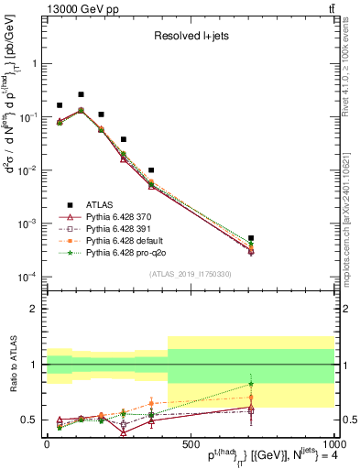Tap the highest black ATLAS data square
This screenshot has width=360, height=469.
(81, 94)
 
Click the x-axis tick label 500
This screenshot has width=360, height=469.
(190, 443)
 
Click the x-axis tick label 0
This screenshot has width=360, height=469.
(47, 443)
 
